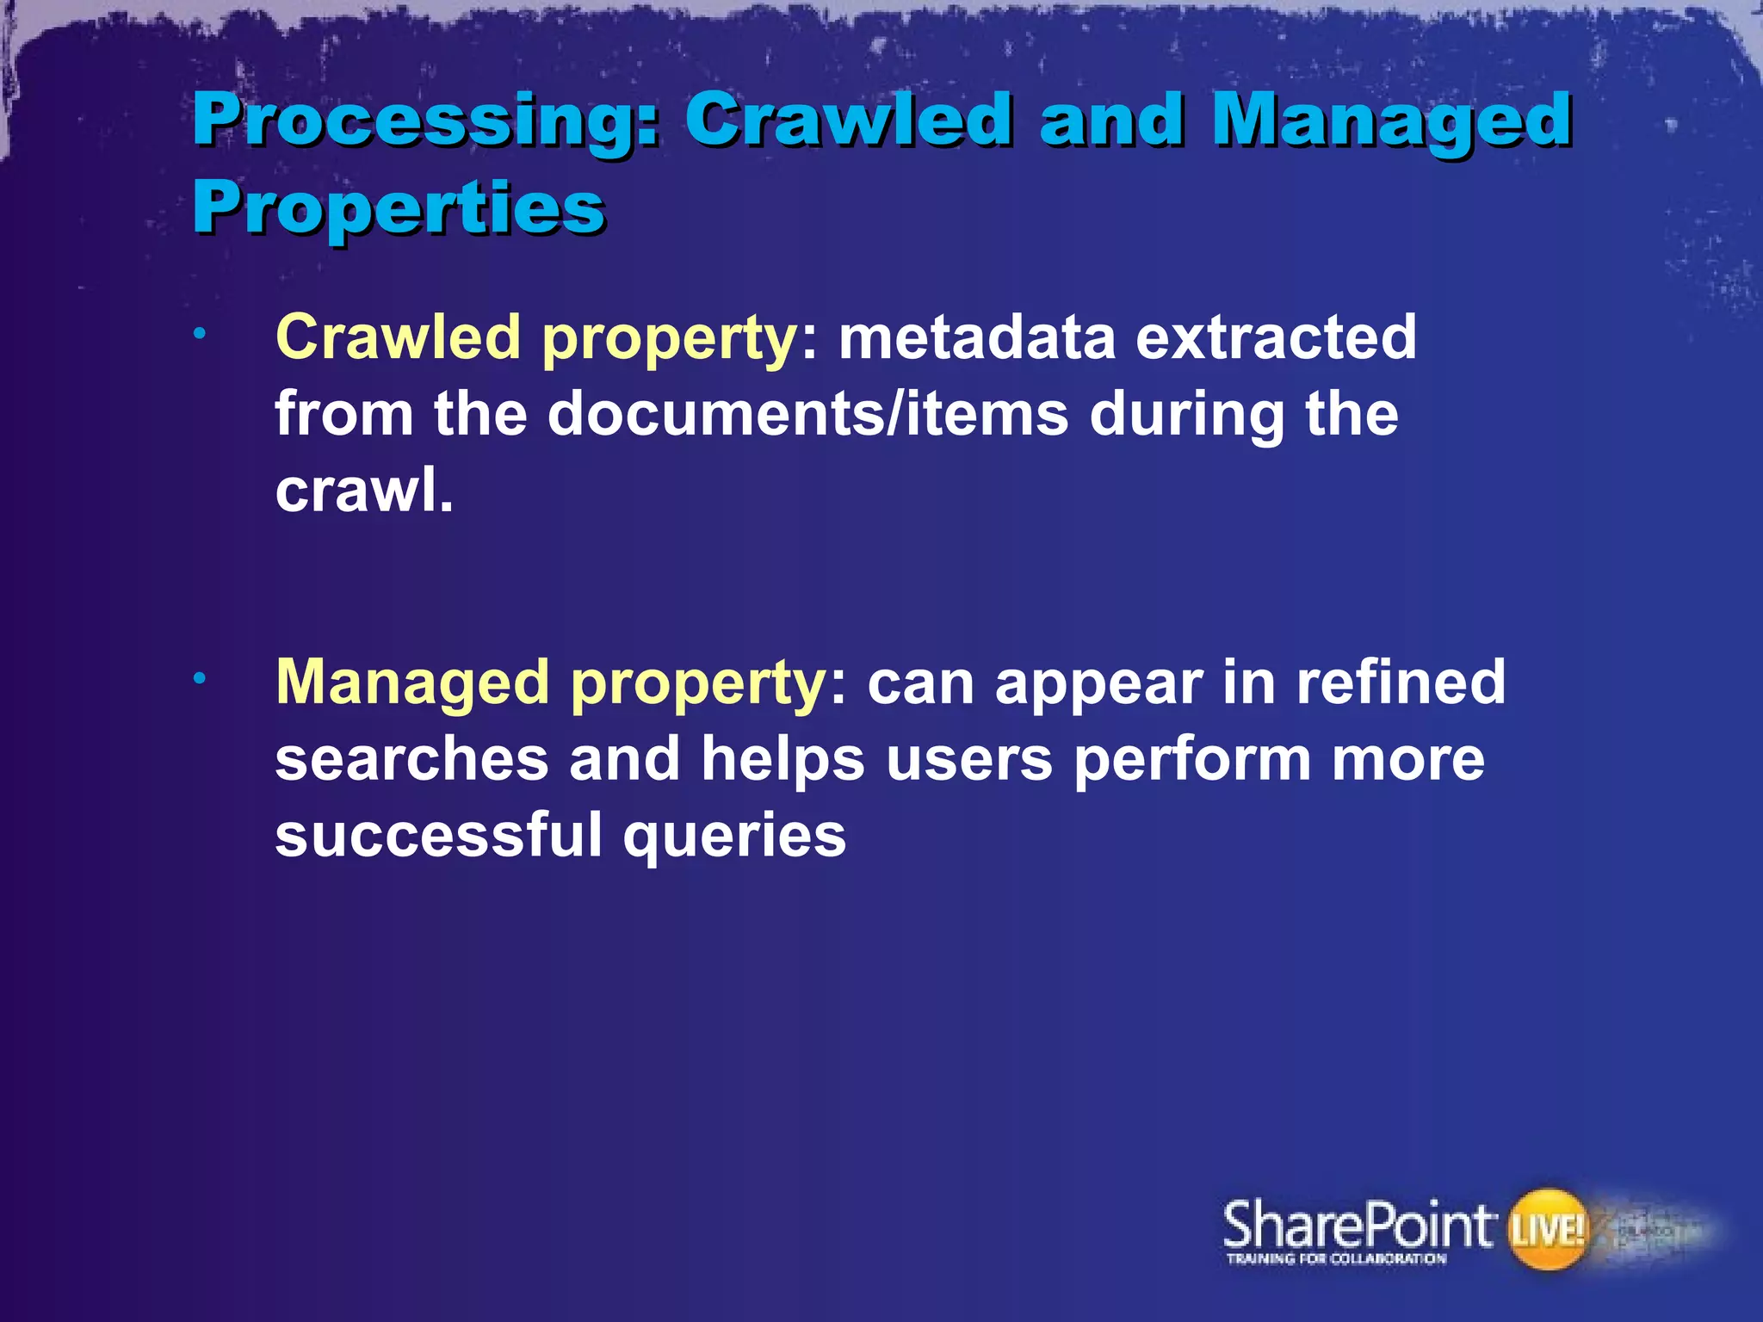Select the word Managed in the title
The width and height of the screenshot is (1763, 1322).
(1392, 121)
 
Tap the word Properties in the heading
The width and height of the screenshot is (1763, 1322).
(399, 207)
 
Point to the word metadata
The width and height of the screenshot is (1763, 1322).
(977, 337)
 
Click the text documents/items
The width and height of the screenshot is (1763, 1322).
(808, 414)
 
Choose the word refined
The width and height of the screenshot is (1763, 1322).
(1401, 682)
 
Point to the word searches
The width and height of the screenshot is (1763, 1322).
(411, 759)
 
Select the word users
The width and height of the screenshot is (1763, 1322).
(969, 759)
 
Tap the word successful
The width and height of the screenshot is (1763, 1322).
(439, 835)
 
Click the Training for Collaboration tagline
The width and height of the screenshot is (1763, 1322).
(1336, 1259)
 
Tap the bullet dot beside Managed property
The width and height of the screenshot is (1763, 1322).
(199, 680)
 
